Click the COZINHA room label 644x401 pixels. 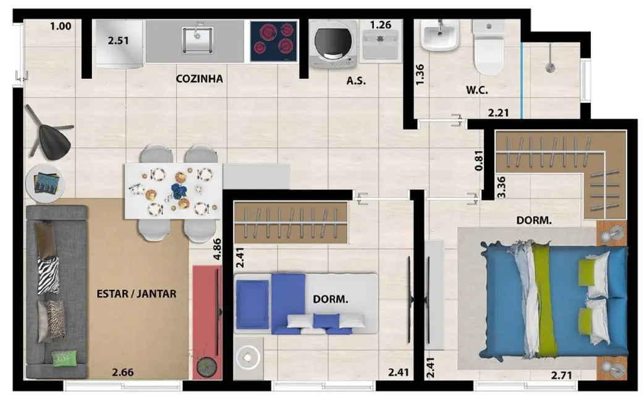point(199,79)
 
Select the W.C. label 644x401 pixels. point(477,91)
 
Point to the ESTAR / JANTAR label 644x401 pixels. point(137,294)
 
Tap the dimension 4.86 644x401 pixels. point(217,250)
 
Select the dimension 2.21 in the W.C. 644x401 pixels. point(498,113)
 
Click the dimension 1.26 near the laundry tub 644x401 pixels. point(381,25)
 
